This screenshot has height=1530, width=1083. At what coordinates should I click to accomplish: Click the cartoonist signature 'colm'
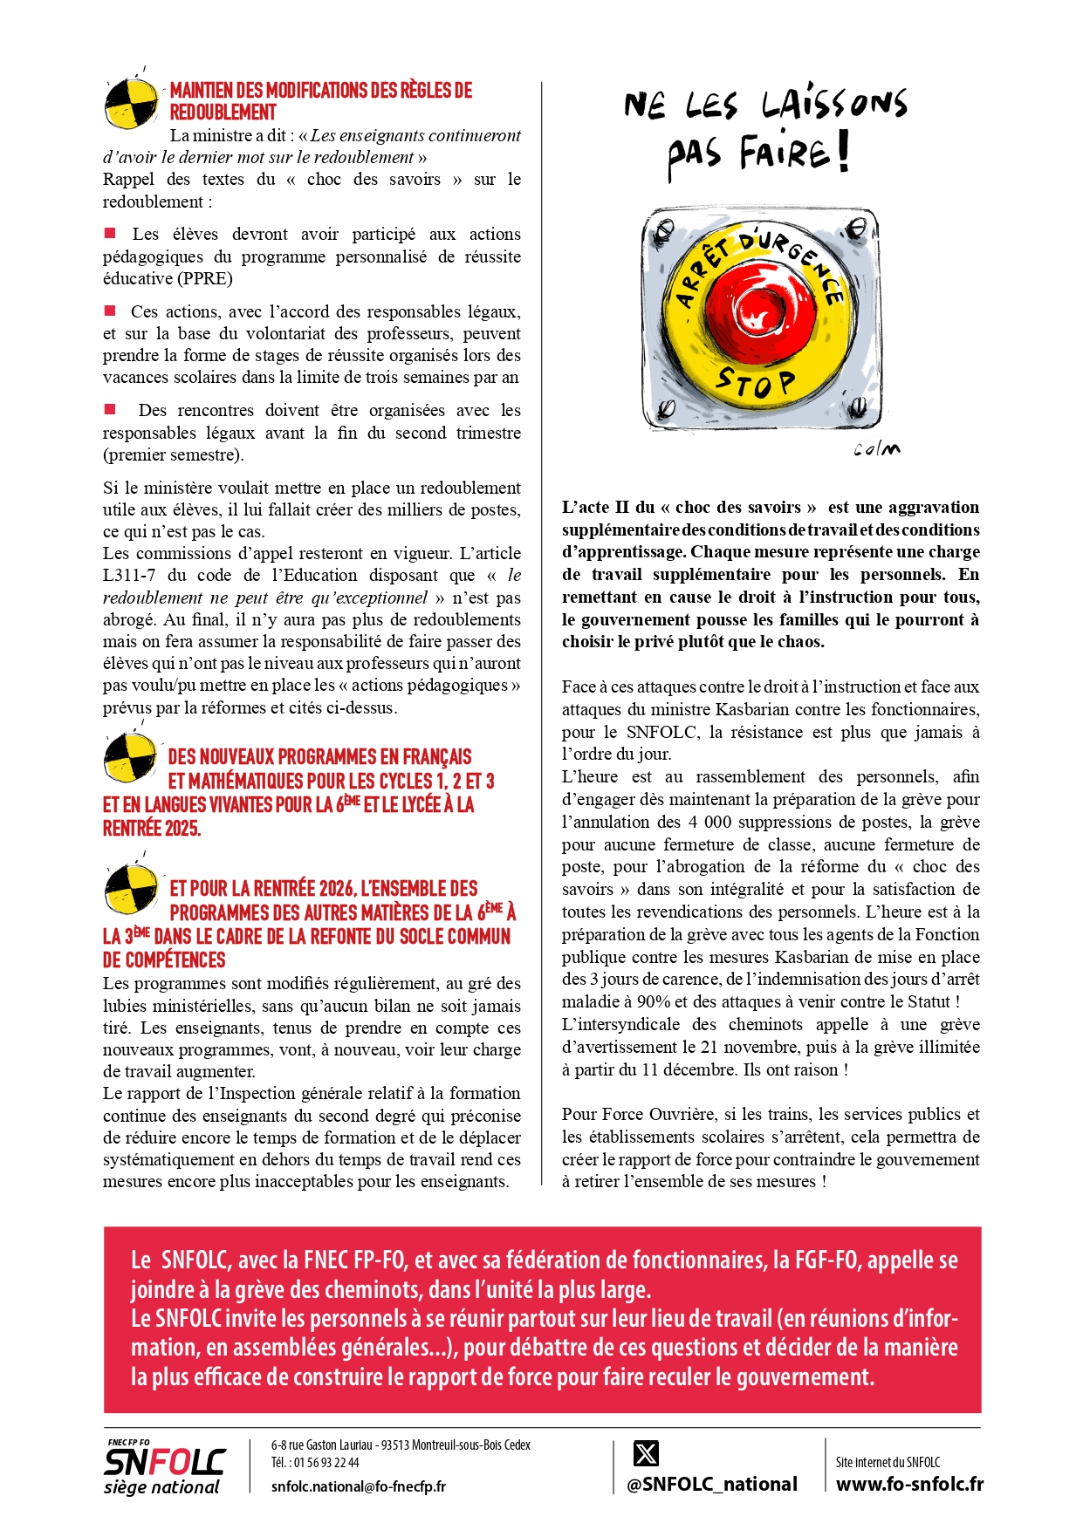pyautogui.click(x=876, y=449)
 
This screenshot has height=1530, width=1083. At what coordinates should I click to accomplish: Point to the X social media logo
pyautogui.click(x=646, y=1453)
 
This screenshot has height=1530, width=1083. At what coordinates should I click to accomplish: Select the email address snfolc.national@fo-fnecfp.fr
pyautogui.click(x=358, y=1486)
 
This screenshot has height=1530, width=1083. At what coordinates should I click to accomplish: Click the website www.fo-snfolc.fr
pyautogui.click(x=909, y=1484)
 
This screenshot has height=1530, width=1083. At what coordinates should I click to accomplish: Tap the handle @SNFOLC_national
pyautogui.click(x=712, y=1484)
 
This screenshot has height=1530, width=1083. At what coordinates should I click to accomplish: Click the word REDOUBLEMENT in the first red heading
pyautogui.click(x=223, y=113)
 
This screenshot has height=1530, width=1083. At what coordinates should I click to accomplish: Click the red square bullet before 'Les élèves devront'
pyautogui.click(x=110, y=233)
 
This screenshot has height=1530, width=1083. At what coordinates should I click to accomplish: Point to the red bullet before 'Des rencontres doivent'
pyautogui.click(x=110, y=409)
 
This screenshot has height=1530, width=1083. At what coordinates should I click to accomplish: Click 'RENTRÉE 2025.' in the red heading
pyautogui.click(x=152, y=828)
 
